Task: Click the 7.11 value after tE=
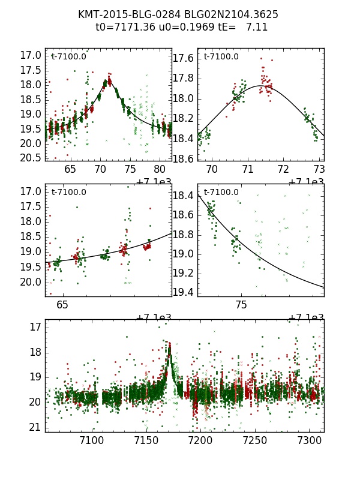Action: [257, 27]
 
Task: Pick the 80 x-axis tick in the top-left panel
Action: [160, 170]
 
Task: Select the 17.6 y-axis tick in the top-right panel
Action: [183, 58]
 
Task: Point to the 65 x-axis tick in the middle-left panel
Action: [62, 305]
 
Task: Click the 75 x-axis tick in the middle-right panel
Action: [241, 305]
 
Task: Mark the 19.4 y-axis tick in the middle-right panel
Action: [183, 292]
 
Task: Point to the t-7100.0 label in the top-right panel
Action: [221, 57]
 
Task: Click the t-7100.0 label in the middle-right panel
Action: [221, 193]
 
